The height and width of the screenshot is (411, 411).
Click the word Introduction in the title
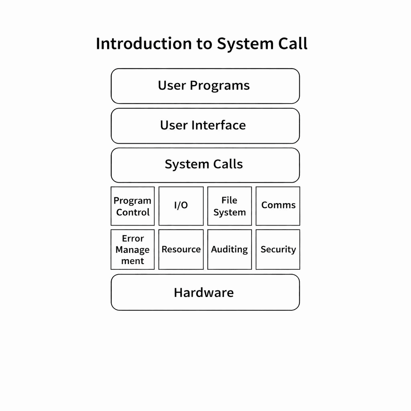[x=143, y=43]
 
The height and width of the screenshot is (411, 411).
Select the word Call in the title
[x=293, y=43]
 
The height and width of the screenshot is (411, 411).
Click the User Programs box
[x=205, y=86]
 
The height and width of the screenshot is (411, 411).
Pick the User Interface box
[x=205, y=126]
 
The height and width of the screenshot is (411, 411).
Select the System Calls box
[x=205, y=165]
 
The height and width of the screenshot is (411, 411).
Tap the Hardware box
[x=205, y=292]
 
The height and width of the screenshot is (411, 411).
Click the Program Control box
[x=132, y=206]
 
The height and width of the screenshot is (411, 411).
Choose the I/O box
[x=181, y=206]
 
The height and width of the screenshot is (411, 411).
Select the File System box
[x=230, y=206]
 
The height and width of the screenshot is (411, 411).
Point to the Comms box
[x=278, y=206]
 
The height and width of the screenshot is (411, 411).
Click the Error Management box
[x=132, y=249]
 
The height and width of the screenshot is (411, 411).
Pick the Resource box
[x=181, y=249]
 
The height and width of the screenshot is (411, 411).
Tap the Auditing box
[x=230, y=249]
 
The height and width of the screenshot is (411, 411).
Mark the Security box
[x=278, y=249]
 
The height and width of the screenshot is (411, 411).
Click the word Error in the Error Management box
[x=133, y=238]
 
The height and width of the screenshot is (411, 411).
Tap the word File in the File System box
[x=230, y=200]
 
